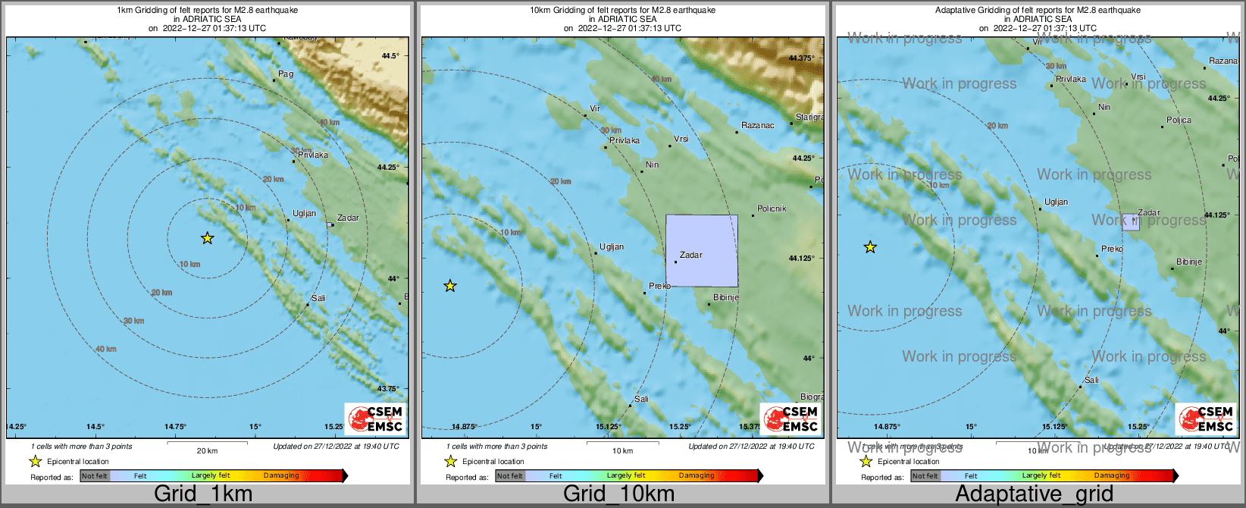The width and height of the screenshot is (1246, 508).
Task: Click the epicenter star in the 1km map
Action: [x=207, y=238]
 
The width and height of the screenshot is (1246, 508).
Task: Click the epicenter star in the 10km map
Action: [x=450, y=286]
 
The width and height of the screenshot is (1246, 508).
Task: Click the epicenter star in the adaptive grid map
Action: [x=870, y=247]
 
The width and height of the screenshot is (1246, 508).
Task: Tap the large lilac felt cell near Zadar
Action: [x=702, y=250]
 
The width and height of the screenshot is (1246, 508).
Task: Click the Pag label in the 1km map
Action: [x=285, y=74]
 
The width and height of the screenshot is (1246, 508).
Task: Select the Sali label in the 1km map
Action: [x=318, y=298]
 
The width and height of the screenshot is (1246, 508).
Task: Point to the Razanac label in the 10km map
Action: [x=757, y=125]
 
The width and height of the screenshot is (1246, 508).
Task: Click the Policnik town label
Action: [x=772, y=209]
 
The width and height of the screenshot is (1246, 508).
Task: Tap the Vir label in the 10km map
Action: [x=595, y=108]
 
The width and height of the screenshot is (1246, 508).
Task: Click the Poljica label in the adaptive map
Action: [x=1179, y=120]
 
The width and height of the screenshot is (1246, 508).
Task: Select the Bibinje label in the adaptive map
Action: [x=1188, y=262]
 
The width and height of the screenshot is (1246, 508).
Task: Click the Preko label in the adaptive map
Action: [x=1112, y=249]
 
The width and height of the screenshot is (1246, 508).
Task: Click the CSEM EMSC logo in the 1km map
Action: [x=375, y=418]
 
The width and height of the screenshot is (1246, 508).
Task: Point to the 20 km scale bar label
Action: [x=207, y=450]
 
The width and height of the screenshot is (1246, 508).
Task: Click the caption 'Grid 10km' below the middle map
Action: [x=618, y=494]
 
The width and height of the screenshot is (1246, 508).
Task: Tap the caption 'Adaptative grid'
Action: [x=1034, y=494]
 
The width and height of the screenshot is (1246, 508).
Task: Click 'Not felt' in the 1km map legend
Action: [x=95, y=475]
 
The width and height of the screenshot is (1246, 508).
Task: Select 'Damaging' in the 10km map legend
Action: [x=697, y=475]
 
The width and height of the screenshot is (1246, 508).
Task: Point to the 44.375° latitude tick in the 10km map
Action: [x=801, y=58]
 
